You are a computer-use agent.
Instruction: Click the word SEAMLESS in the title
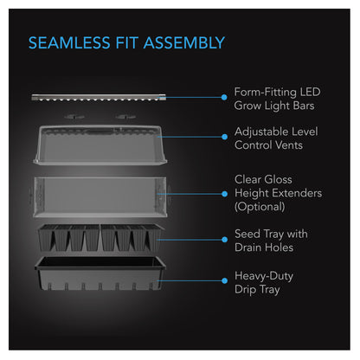pyautogui.click(x=69, y=43)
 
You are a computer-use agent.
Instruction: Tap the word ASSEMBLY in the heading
pyautogui.click(x=184, y=43)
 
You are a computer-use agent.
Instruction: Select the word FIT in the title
pyautogui.click(x=127, y=43)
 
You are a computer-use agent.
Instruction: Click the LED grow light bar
pyautogui.click(x=99, y=97)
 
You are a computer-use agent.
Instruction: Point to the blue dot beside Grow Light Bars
pyautogui.click(x=224, y=97)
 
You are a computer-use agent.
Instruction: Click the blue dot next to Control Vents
pyautogui.click(x=224, y=137)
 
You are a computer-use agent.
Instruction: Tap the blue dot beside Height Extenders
pyautogui.click(x=224, y=194)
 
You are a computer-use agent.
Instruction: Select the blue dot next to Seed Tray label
pyautogui.click(x=224, y=240)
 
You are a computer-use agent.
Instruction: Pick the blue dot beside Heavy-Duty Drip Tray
pyautogui.click(x=224, y=280)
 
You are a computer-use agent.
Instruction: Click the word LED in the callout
pyautogui.click(x=310, y=92)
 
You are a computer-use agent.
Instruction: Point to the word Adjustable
pyautogui.click(x=261, y=132)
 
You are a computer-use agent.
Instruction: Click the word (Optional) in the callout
pyautogui.click(x=260, y=207)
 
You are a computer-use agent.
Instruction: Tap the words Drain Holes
pyautogui.click(x=264, y=247)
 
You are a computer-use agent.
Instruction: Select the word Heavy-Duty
pyautogui.click(x=264, y=276)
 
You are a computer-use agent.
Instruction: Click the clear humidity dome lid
pyautogui.click(x=100, y=145)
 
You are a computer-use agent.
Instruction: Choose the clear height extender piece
pyautogui.click(x=100, y=196)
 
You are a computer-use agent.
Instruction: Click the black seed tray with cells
pyautogui.click(x=100, y=238)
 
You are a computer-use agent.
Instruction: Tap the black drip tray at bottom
pyautogui.click(x=100, y=273)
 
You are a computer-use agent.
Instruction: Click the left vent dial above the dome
pyautogui.click(x=74, y=117)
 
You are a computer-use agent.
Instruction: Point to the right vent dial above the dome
pyautogui.click(x=125, y=117)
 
